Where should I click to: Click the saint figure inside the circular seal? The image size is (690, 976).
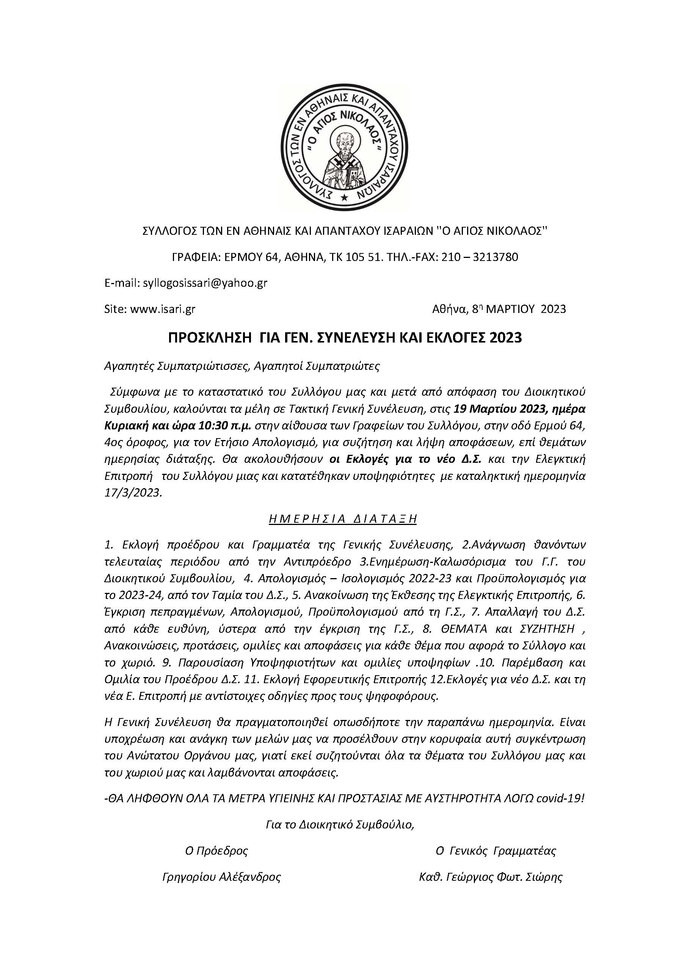click(344, 160)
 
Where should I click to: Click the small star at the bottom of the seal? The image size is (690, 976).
click(345, 197)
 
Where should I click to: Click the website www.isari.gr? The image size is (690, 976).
click(163, 309)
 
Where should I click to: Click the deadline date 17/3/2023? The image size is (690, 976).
click(133, 493)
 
